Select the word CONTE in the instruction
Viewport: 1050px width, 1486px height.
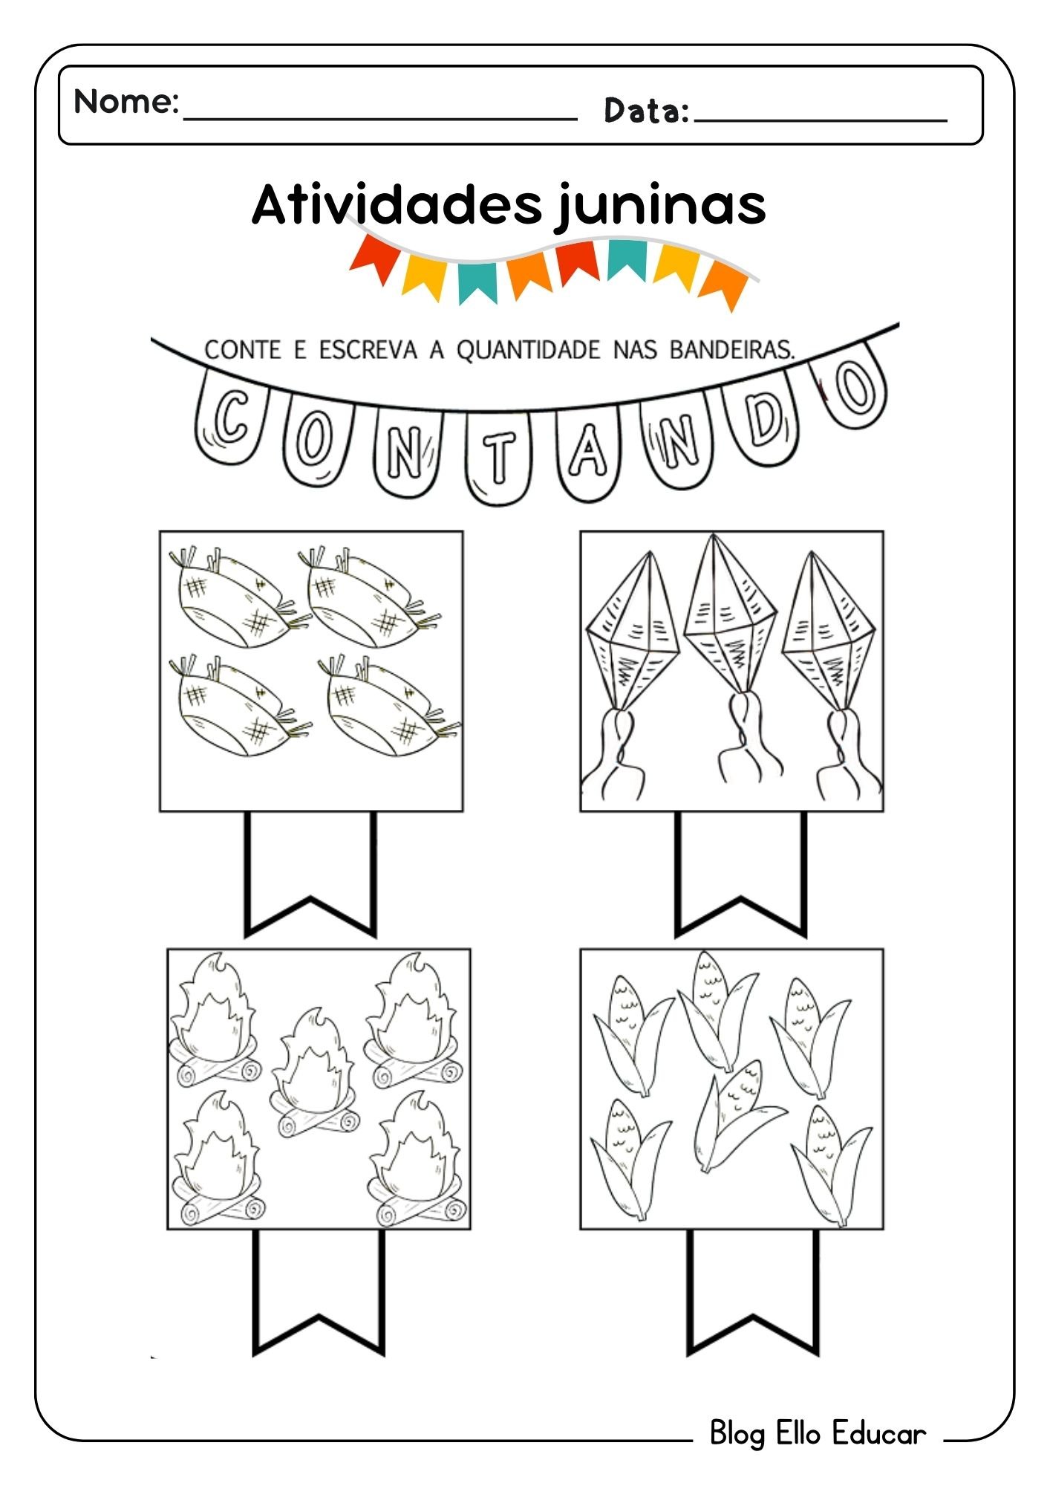click(x=243, y=349)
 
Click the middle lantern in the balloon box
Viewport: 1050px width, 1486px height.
click(x=730, y=654)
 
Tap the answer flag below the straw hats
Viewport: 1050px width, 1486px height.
click(x=310, y=874)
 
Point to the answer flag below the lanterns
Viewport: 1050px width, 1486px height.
click(x=740, y=874)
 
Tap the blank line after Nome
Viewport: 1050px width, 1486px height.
click(x=379, y=118)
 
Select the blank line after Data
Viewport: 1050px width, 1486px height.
click(x=821, y=120)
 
